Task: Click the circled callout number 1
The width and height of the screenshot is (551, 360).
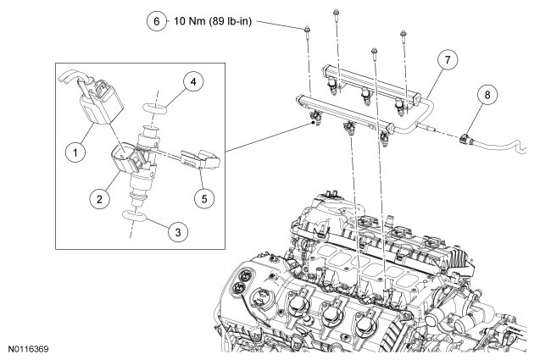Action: pyautogui.click(x=75, y=152)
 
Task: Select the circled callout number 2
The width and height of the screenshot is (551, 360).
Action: pyautogui.click(x=99, y=199)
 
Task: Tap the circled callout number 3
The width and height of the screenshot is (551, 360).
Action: pyautogui.click(x=178, y=232)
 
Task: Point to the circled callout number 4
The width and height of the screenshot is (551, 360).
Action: pyautogui.click(x=193, y=82)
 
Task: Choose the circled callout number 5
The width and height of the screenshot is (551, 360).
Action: pyautogui.click(x=204, y=199)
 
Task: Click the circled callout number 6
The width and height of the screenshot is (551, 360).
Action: pyautogui.click(x=156, y=21)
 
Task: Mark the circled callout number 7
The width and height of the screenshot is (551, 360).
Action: pyautogui.click(x=448, y=59)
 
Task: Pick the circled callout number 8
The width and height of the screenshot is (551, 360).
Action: pyautogui.click(x=487, y=95)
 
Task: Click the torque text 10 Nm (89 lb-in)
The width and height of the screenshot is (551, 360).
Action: pyautogui.click(x=213, y=21)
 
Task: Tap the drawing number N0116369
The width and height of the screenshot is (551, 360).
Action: pyautogui.click(x=29, y=349)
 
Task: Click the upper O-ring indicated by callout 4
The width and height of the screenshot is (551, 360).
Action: pyautogui.click(x=155, y=108)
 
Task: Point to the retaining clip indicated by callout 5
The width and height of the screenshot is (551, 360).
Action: pyautogui.click(x=200, y=160)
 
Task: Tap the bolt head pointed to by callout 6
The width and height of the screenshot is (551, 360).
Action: pyautogui.click(x=307, y=30)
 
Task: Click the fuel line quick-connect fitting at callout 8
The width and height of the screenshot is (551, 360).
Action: pyautogui.click(x=465, y=139)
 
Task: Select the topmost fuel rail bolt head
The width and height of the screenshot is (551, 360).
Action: pyautogui.click(x=336, y=14)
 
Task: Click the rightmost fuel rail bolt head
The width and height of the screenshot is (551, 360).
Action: pyautogui.click(x=403, y=34)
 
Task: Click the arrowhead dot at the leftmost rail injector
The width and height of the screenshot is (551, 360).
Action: pyautogui.click(x=313, y=122)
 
